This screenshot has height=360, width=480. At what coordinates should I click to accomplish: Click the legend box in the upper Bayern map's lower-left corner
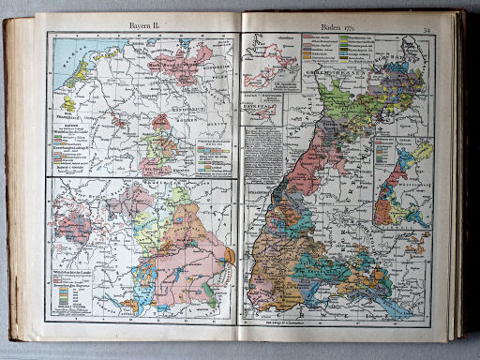click(x=74, y=141)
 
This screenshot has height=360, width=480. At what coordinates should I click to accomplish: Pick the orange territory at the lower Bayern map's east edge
click(x=227, y=254)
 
